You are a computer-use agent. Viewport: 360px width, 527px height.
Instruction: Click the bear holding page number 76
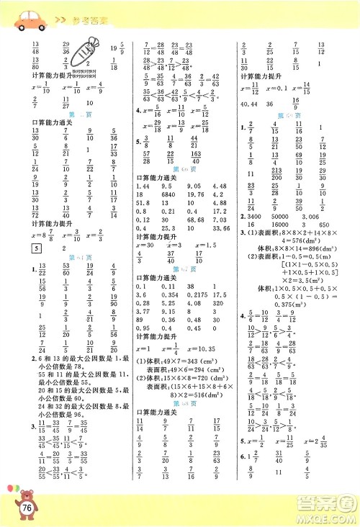click(23, 504)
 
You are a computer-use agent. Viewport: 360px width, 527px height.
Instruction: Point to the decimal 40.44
click(251, 102)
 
